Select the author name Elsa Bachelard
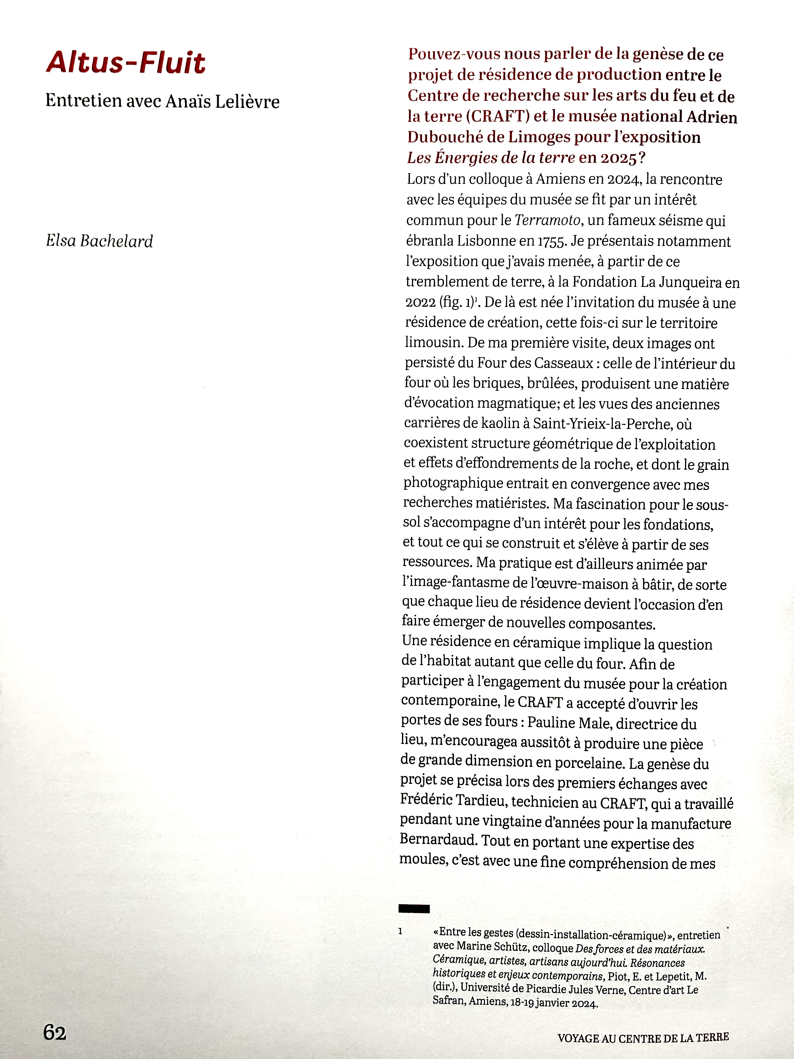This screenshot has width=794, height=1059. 99,241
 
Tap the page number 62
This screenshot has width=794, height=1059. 55,1033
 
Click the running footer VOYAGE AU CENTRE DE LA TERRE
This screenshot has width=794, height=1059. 643,1038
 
